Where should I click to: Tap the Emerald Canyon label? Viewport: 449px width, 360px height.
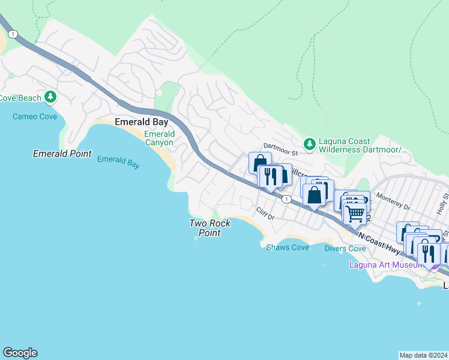[159, 138]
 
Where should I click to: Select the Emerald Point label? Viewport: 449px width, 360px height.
[62, 154]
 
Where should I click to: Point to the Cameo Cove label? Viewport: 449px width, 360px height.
[35, 116]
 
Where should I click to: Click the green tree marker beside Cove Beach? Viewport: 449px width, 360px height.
[51, 97]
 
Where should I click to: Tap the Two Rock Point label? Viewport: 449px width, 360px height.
[209, 228]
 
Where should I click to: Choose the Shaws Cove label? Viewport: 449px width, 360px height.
[288, 247]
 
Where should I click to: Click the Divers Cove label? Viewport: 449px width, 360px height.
[345, 248]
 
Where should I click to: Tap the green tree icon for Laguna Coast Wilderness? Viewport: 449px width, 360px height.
[309, 143]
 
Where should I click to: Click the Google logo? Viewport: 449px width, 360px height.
[20, 353]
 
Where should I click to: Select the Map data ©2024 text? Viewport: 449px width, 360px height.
[423, 355]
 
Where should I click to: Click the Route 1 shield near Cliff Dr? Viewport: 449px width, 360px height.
[288, 199]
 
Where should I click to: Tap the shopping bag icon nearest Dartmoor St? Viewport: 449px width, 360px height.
[260, 163]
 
